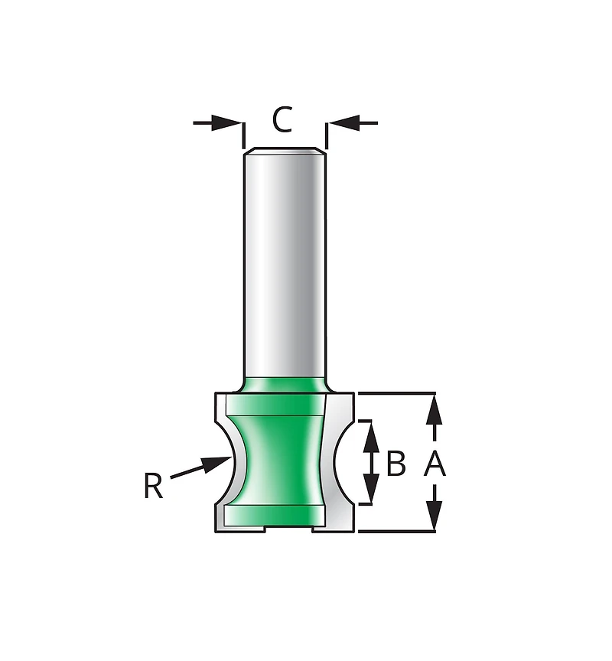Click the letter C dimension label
click(282, 119)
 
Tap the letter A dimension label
click(435, 463)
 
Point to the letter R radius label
click(153, 486)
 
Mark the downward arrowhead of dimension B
click(371, 488)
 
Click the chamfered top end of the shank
click(285, 151)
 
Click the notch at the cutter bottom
click(288, 529)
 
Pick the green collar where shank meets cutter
click(285, 385)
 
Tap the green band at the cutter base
click(274, 515)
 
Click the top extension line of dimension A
click(396, 393)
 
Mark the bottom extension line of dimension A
click(396, 531)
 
